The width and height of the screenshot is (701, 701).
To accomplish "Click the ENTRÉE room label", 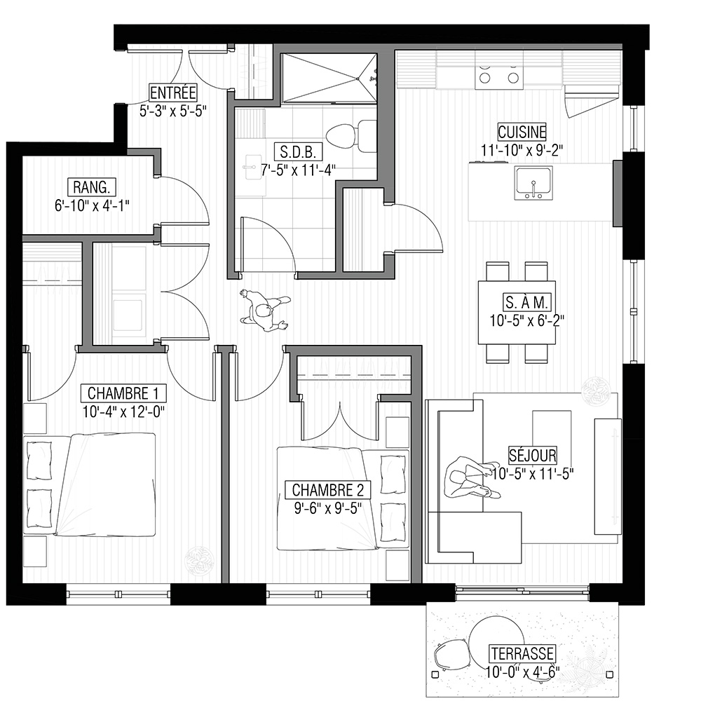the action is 172,93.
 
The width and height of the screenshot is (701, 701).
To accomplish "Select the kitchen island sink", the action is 533,183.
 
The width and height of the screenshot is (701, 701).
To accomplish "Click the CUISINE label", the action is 522,132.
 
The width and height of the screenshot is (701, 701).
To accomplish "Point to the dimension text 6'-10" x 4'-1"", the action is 92,205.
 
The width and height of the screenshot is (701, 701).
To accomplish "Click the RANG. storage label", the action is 92,187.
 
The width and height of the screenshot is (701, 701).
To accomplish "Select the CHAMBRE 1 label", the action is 123,393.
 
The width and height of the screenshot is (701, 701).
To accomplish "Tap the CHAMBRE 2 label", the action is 327,490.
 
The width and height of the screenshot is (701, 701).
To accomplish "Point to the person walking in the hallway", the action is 264,311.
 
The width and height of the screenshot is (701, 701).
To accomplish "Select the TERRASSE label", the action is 522,653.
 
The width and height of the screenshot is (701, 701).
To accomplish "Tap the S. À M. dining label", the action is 526,303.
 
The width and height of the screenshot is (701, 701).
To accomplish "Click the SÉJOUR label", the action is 533,455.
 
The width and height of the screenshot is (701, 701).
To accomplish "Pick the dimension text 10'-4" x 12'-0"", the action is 123,411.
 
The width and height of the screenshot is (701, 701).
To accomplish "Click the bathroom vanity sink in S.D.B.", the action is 254,167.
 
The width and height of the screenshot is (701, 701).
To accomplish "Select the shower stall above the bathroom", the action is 329,79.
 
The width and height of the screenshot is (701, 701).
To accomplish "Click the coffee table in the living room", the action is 551,433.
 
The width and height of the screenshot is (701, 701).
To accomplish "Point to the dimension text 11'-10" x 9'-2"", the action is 522,150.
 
